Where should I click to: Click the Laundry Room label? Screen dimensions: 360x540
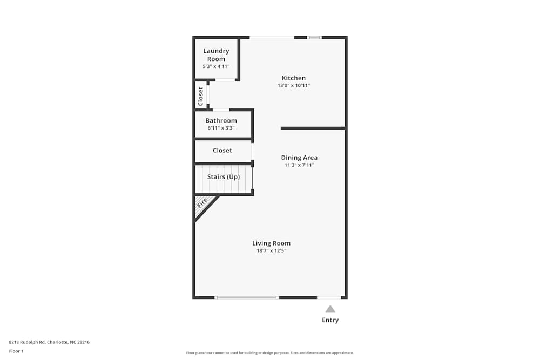[x=216, y=55]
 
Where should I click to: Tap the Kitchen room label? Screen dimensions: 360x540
[x=294, y=78]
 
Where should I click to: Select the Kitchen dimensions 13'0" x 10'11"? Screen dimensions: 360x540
[x=294, y=86]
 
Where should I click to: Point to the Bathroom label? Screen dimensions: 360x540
[x=221, y=120]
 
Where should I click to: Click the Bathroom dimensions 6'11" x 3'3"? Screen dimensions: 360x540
[x=221, y=128]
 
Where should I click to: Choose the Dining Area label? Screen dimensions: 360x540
[x=299, y=158]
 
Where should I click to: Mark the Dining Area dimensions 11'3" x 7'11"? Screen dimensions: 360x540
[x=299, y=165]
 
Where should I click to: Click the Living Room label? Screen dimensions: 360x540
[x=271, y=243]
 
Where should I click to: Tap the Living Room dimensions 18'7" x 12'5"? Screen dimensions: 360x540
[x=271, y=251]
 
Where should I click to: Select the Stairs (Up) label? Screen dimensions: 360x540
[x=224, y=177]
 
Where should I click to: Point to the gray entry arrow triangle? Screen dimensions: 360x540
[x=330, y=309]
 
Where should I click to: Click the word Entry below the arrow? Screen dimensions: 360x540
[x=330, y=320]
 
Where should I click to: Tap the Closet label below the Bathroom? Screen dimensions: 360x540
[x=222, y=151]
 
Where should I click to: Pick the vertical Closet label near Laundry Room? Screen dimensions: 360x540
[x=201, y=96]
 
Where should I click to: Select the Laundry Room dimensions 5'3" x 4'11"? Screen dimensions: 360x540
[x=216, y=66]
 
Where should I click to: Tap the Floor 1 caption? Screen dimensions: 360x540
[x=16, y=351]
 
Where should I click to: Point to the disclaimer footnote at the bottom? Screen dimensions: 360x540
[x=270, y=353]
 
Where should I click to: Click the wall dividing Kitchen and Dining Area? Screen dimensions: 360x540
[x=313, y=128]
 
